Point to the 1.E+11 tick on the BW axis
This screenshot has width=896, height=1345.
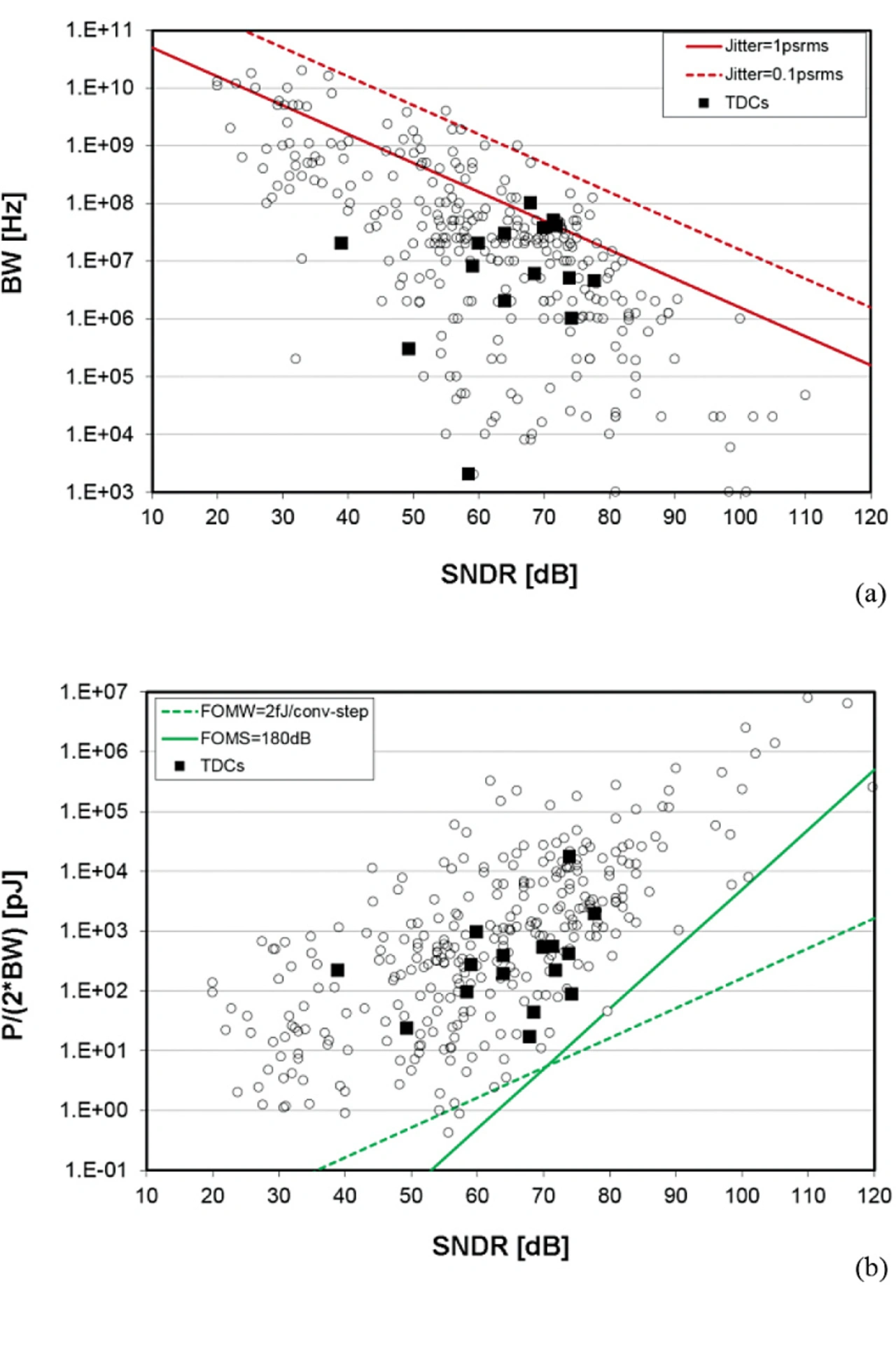tap(99, 30)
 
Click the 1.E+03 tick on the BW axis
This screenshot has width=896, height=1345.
tap(99, 492)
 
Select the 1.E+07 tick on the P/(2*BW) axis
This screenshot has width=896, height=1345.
tap(93, 692)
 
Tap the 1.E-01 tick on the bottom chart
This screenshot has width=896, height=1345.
tap(93, 1170)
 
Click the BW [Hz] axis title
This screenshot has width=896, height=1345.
tap(14, 243)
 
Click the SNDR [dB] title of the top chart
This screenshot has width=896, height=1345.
tap(509, 575)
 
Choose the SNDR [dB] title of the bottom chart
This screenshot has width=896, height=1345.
tap(500, 1246)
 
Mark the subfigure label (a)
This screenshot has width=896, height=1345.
tap(870, 594)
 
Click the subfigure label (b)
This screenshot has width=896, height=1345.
tap(870, 1268)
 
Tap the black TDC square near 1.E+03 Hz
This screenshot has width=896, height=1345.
tap(468, 474)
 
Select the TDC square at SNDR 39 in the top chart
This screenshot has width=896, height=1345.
tap(341, 243)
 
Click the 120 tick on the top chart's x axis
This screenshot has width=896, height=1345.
tap(871, 517)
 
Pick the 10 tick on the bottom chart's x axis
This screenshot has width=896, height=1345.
tap(146, 1195)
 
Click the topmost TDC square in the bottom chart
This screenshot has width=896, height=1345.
tap(569, 856)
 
